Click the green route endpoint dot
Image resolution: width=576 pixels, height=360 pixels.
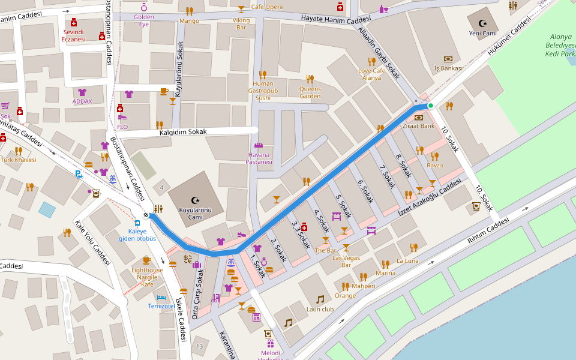coord(430,106)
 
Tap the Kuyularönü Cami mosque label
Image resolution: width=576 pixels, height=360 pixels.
coord(194,214)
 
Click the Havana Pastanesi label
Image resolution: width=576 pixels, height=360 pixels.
coord(259,158)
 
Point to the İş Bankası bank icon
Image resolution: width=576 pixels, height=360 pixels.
coord(448,59)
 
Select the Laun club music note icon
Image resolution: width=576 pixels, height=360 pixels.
coord(320,299)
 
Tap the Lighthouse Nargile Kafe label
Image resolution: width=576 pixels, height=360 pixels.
coord(147,277)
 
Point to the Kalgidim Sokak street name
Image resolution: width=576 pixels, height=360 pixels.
coord(183,131)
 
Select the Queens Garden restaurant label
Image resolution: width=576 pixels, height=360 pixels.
coord(310,92)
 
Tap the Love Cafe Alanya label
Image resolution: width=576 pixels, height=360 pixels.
coord(371,74)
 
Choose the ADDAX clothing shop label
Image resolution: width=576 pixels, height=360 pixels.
coord(82,101)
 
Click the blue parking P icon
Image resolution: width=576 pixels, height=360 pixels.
coord(79,175)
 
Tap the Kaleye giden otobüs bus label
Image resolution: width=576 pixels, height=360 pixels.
coord(137,235)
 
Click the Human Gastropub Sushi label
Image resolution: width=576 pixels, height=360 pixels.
coord(263,91)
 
